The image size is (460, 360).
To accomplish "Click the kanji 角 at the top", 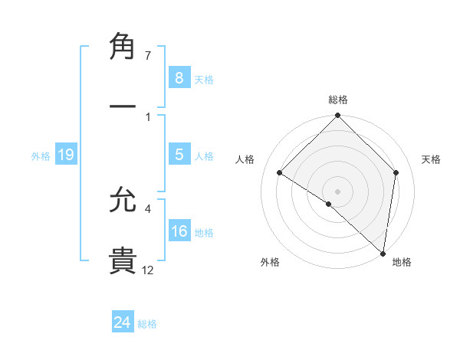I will pyautogui.click(x=123, y=48).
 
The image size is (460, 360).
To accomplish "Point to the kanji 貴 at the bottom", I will pyautogui.click(x=123, y=260).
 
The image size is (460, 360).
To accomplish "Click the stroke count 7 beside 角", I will pyautogui.click(x=147, y=56).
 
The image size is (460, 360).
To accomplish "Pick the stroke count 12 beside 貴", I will pyautogui.click(x=148, y=270).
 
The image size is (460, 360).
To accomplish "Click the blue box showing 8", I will pyautogui.click(x=179, y=77).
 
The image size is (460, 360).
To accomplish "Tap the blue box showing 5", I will pyautogui.click(x=179, y=155).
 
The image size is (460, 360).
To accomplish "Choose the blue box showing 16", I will pyautogui.click(x=179, y=231).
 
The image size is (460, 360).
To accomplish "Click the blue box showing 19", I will pyautogui.click(x=65, y=155).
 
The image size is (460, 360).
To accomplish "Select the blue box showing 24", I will pyautogui.click(x=122, y=322).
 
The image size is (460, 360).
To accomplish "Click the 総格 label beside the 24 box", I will pyautogui.click(x=147, y=324).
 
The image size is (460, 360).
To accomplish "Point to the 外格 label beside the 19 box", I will pyautogui.click(x=41, y=156).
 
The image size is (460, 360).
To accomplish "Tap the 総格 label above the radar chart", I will pyautogui.click(x=337, y=100).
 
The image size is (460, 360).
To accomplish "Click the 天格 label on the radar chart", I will pyautogui.click(x=432, y=159).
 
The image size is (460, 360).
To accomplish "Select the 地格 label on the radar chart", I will pyautogui.click(x=402, y=262).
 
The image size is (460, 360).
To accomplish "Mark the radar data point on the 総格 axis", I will pyautogui.click(x=337, y=116).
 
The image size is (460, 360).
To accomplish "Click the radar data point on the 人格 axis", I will pyautogui.click(x=280, y=173).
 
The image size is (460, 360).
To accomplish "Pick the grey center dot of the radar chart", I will pyautogui.click(x=337, y=191).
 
